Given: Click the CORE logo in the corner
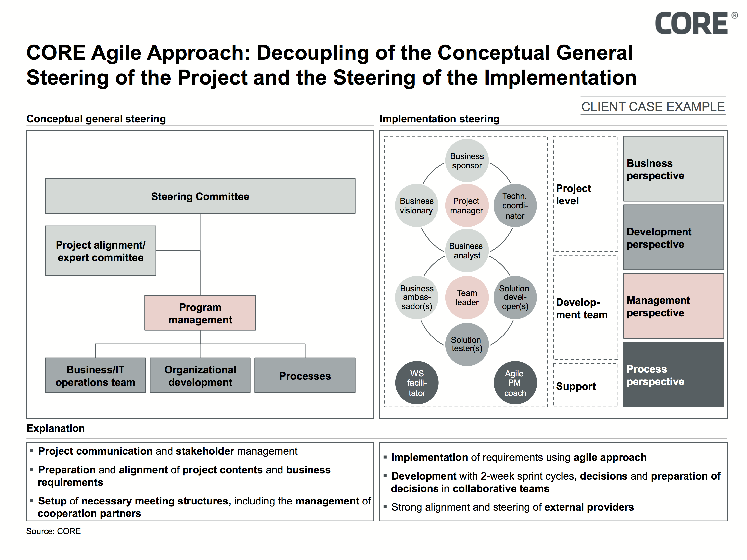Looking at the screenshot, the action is [696, 23].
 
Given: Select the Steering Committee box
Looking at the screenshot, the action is [200, 196].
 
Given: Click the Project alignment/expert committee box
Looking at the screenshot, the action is [100, 251].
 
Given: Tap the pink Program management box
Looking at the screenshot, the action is [200, 313].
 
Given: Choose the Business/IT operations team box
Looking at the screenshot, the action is [95, 375].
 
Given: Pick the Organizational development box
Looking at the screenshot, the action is [200, 375].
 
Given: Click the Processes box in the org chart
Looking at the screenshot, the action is [305, 375].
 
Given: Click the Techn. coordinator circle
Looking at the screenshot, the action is [515, 206].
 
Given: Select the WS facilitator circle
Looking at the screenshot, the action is [417, 383].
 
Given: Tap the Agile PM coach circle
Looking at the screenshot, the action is [515, 383].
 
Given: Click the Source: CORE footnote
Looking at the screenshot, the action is [53, 531].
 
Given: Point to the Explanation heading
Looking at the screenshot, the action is [56, 428].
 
